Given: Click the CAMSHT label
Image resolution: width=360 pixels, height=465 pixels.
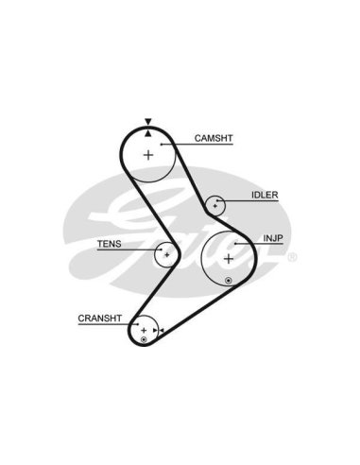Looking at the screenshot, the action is pyautogui.click(x=214, y=138).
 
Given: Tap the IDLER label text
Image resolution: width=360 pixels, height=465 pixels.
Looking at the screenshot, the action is pyautogui.click(x=265, y=195).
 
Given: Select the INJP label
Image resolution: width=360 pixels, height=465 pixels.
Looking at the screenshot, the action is pyautogui.click(x=273, y=238).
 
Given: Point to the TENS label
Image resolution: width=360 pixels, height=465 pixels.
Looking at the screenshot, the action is pyautogui.click(x=109, y=244).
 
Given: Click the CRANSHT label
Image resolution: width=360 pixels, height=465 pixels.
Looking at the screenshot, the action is pyautogui.click(x=100, y=319).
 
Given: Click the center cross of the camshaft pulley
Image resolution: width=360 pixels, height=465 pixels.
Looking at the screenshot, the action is pyautogui.click(x=148, y=155).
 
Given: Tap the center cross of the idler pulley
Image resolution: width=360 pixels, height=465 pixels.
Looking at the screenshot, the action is pyautogui.click(x=215, y=206).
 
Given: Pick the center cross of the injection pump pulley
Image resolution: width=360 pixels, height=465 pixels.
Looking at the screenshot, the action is pyautogui.click(x=229, y=259).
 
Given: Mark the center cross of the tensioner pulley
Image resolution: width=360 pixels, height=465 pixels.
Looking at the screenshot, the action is pyautogui.click(x=167, y=254).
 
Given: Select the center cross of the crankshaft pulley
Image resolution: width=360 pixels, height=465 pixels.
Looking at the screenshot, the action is pyautogui.click(x=144, y=330).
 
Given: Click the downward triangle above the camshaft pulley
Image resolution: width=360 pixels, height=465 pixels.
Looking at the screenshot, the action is pyautogui.click(x=148, y=121).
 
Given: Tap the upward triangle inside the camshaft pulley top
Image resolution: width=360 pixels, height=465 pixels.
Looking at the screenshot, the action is pyautogui.click(x=148, y=133).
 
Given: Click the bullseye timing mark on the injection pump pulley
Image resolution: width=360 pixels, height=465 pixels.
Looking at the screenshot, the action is pyautogui.click(x=229, y=280).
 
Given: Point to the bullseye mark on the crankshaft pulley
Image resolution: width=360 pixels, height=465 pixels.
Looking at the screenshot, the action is pyautogui.click(x=144, y=339).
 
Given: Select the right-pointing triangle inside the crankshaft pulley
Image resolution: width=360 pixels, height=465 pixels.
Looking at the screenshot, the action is pyautogui.click(x=155, y=330).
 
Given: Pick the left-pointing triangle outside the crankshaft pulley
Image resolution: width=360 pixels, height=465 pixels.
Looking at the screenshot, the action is pyautogui.click(x=162, y=330).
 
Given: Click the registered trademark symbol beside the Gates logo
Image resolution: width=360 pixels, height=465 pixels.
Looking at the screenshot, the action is pyautogui.click(x=292, y=257).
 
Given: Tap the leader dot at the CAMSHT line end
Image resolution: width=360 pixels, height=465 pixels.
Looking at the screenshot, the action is pyautogui.click(x=161, y=145).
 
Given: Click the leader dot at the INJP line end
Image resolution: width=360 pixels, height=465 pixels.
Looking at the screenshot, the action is pyautogui.click(x=235, y=244).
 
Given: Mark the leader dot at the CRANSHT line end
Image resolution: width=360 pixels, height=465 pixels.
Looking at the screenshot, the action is pyautogui.click(x=138, y=324).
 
